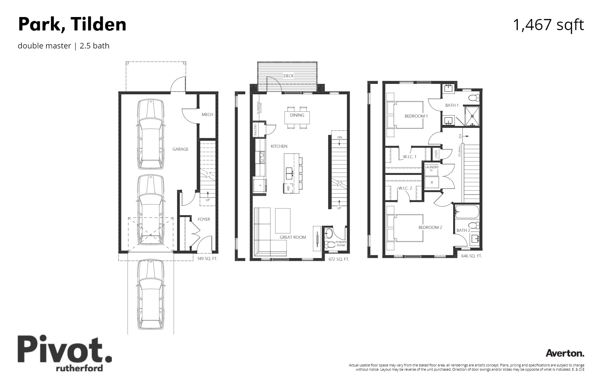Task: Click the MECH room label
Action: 207,114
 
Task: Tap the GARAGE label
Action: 180,149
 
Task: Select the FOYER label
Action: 204,219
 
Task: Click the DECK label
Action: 289,76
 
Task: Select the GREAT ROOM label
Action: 292,237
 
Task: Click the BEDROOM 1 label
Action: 416,116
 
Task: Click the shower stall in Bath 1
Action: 472,116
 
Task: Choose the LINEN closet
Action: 436,154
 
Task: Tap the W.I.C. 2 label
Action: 405,188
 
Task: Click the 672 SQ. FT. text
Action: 339,259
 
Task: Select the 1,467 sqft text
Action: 548,25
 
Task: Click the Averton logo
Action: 565,353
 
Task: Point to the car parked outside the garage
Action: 150,295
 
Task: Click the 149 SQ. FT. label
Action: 207,258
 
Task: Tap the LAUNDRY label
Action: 431,167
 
